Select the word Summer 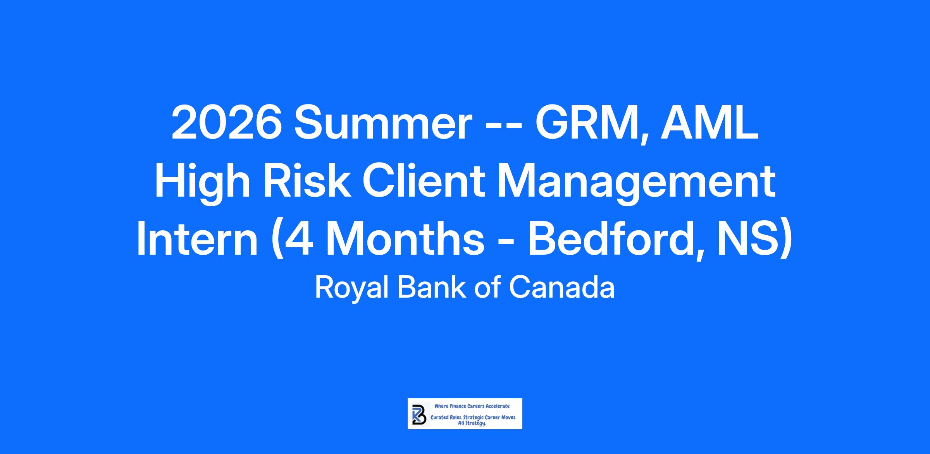coord(383,123)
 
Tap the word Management coord(637,183)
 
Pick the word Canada coord(561,287)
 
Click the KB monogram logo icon coord(419,414)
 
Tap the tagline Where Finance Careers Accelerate coord(472,406)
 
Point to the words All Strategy coord(472,423)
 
